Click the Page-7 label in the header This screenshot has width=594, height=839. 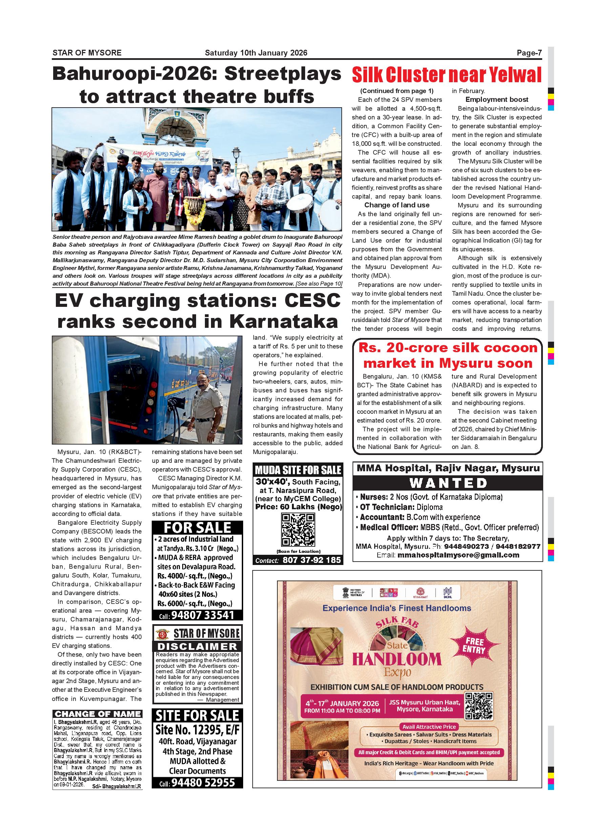(529, 53)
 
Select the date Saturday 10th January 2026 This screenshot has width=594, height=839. (256, 53)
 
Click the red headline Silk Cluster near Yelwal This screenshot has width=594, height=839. (447, 75)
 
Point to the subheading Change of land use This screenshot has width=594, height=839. (397, 205)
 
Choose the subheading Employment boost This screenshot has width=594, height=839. (496, 100)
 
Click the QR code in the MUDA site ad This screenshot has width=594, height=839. (298, 530)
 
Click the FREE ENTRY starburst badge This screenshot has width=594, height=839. (474, 645)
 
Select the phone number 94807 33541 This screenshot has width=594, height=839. (202, 615)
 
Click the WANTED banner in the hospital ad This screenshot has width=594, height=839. (448, 483)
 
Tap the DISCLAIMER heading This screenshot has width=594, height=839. (197, 646)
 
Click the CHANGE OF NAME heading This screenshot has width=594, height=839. (97, 714)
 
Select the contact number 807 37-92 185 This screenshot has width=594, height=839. (311, 560)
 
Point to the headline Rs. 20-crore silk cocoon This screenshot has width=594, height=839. (448, 347)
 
